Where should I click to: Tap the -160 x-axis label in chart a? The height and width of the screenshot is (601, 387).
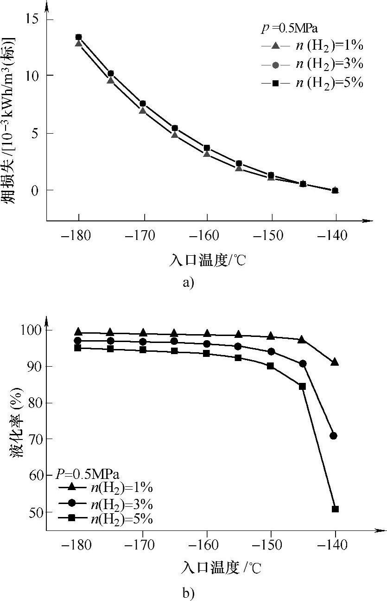207,235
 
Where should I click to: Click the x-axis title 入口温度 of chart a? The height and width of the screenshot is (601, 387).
207,260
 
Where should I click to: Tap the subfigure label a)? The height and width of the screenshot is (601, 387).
187,283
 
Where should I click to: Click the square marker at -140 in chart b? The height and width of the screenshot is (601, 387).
335,509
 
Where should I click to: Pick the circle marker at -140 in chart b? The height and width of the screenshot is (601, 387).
333,436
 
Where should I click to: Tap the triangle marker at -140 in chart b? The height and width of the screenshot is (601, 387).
335,362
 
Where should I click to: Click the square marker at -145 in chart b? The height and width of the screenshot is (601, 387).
302,386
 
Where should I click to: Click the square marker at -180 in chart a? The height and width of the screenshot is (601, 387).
79,37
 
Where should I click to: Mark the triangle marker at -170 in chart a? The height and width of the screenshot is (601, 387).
142,110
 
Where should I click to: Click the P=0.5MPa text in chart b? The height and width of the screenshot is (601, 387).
88,474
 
